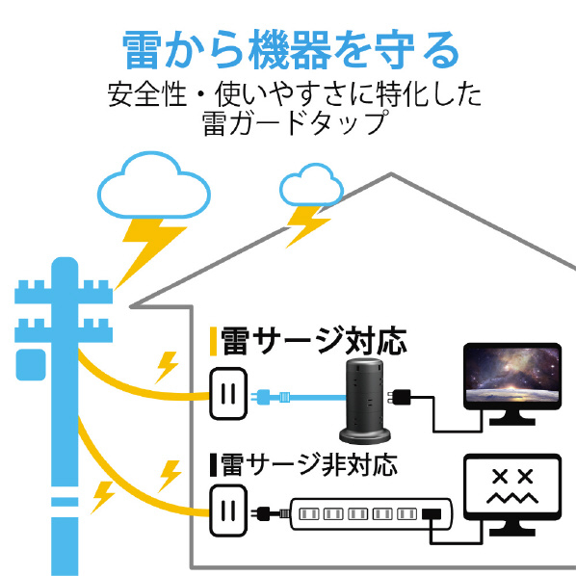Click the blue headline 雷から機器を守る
point(290,49)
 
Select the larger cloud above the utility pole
point(153,186)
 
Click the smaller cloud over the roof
point(311,185)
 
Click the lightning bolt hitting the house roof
point(306,226)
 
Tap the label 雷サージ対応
point(313,341)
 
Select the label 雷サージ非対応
point(309,464)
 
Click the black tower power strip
point(364,401)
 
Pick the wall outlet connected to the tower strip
point(228,393)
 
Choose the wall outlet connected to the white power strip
point(228,511)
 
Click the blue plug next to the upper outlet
point(271,397)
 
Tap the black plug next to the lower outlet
point(271,513)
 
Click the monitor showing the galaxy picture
point(512,384)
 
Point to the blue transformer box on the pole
point(31,365)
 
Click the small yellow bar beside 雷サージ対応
point(213,341)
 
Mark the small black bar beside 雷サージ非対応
point(213,465)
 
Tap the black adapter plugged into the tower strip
point(400,398)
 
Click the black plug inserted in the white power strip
point(432,513)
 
